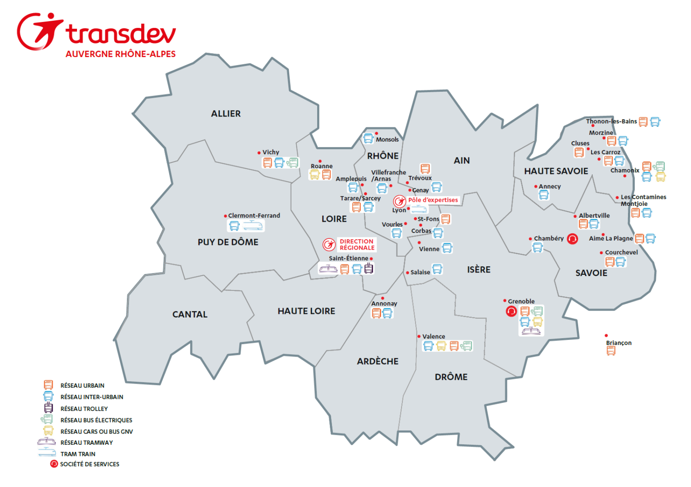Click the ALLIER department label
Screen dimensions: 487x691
[226, 114]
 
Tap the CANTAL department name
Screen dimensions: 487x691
[190, 314]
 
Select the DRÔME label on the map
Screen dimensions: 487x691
[451, 377]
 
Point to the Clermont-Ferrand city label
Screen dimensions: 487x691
[254, 216]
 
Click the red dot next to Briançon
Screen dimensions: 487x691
[606, 335]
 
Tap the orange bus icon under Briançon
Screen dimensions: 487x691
[610, 351]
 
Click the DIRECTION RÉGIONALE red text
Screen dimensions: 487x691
[357, 245]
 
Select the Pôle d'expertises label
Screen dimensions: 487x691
[433, 200]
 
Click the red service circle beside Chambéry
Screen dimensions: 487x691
[572, 238]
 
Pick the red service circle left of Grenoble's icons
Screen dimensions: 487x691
[511, 311]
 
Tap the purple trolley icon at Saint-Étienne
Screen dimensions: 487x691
[369, 269]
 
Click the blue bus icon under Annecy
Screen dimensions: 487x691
[544, 195]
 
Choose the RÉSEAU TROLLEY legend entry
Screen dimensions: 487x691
[84, 409]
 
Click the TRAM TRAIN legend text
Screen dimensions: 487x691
[78, 454]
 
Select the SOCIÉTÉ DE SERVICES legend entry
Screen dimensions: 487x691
[90, 464]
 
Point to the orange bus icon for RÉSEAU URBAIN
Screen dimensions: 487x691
[48, 385]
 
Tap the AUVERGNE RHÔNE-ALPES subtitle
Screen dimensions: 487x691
[121, 54]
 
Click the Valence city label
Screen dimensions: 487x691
[434, 336]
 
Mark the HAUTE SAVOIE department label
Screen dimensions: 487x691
[556, 171]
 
